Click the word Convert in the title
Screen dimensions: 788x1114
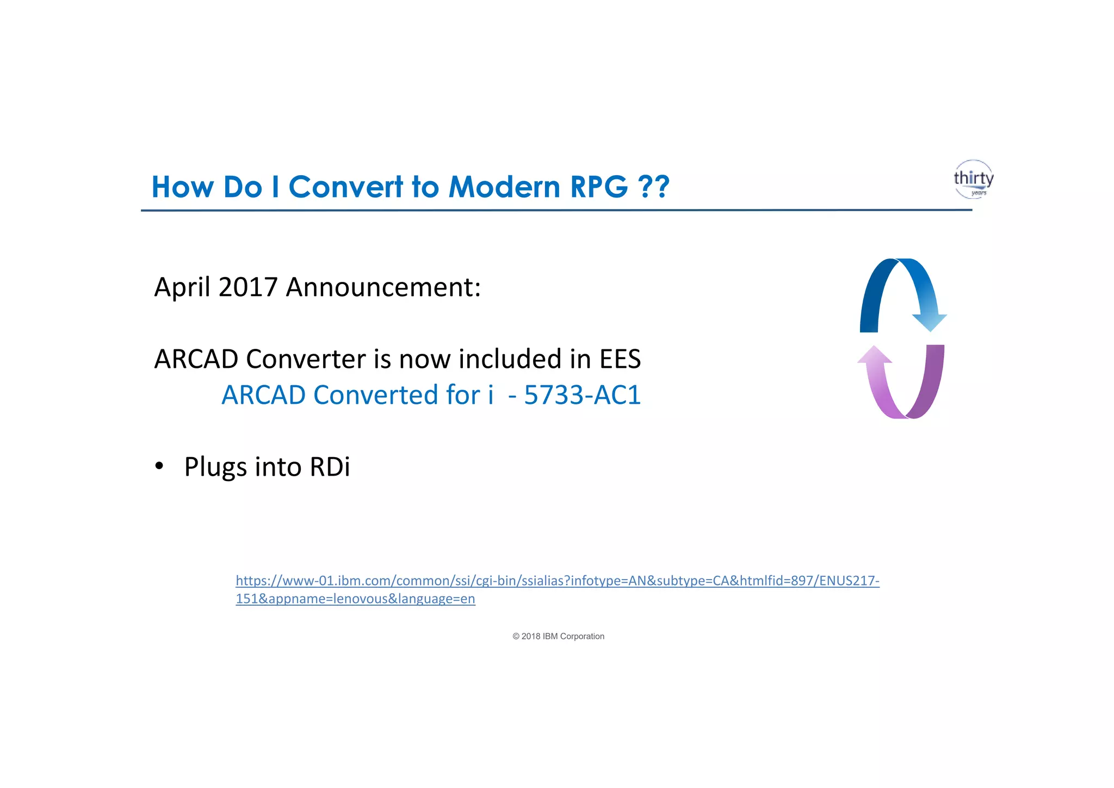346,187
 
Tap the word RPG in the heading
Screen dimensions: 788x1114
599,187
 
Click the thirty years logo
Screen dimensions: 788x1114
973,179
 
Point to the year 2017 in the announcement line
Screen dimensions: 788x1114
247,287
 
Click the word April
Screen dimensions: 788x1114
182,288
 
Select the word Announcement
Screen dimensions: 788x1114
383,287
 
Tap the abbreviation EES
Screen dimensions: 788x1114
620,359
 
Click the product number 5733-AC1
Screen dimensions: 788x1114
582,395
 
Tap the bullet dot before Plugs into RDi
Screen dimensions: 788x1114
159,466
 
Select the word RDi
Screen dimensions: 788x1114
330,467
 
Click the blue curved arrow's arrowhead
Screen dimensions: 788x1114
930,322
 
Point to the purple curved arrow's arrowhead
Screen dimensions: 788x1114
875,355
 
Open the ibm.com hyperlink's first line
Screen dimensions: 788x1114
557,581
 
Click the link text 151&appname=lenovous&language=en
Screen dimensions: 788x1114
355,599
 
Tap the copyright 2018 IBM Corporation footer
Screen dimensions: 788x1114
558,636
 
